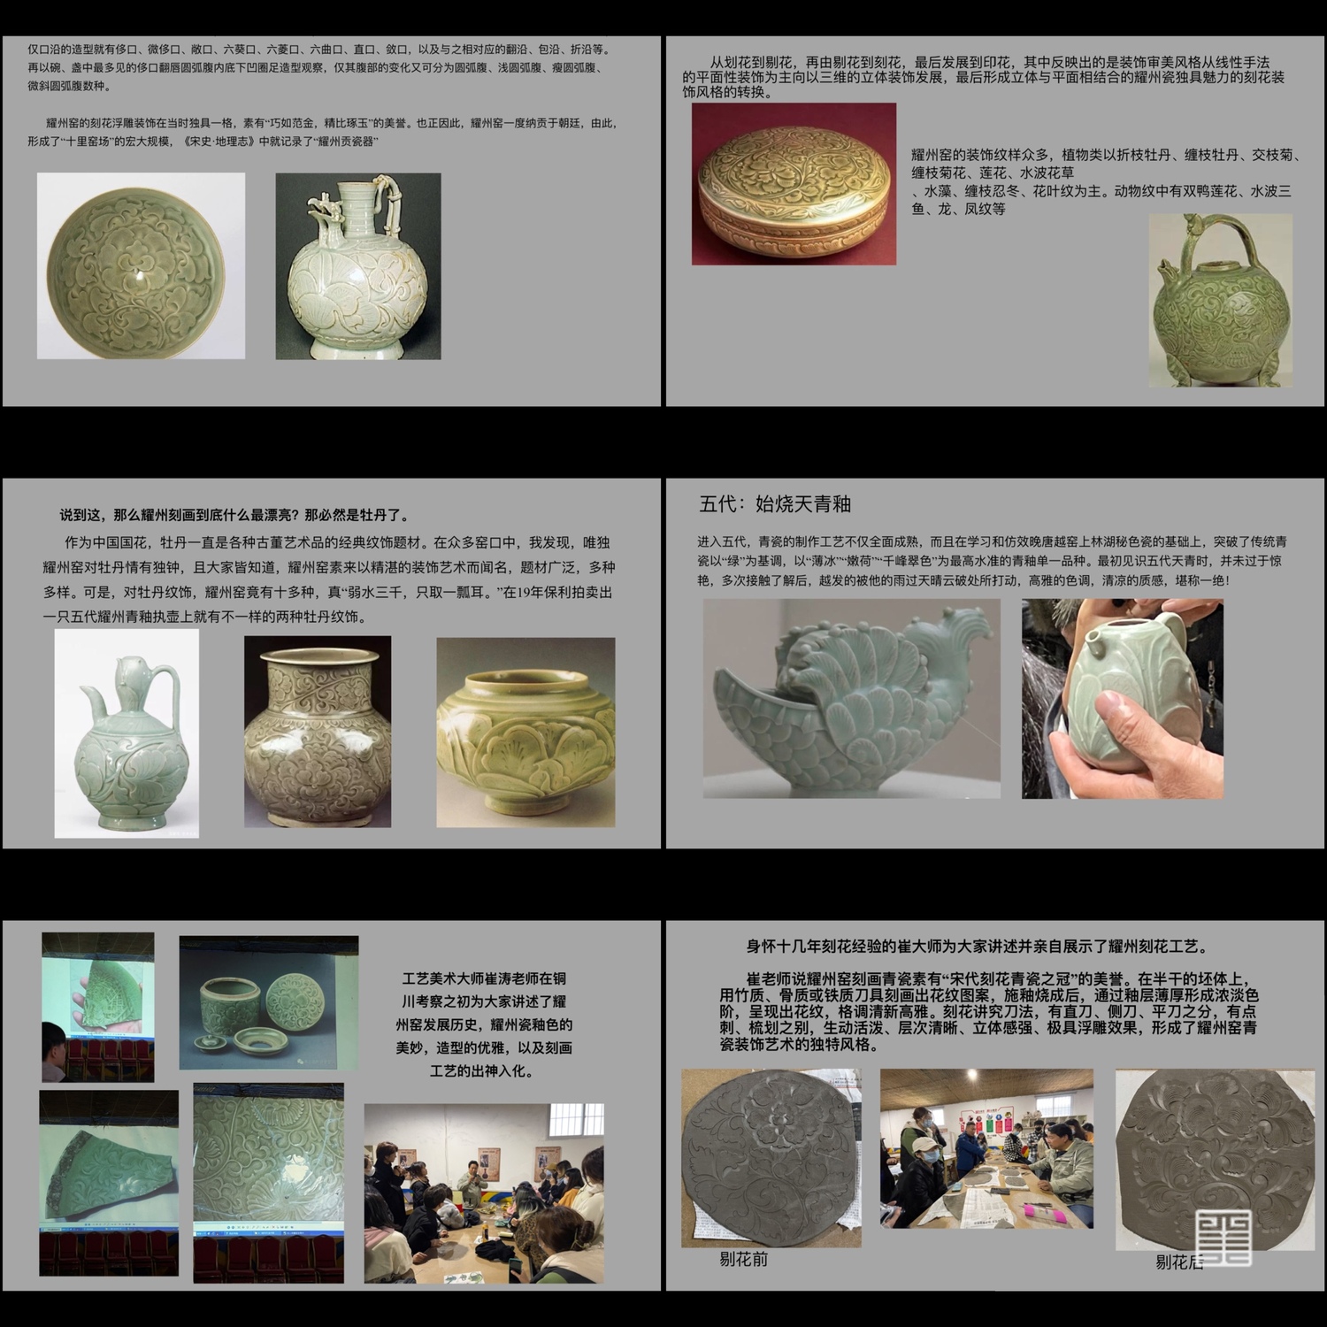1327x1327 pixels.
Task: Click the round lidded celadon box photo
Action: [x=794, y=184]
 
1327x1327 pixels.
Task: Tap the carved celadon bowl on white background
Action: [x=141, y=265]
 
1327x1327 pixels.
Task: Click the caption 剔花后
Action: [x=1179, y=1262]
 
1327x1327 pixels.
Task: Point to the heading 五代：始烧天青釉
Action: [x=775, y=504]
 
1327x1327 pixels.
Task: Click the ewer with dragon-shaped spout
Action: [x=358, y=265]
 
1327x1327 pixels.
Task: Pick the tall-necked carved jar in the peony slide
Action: [x=318, y=732]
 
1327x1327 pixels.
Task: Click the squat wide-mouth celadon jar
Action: [x=525, y=733]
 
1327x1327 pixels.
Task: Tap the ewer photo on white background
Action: [x=127, y=733]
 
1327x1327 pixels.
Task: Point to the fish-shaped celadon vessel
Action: [x=851, y=698]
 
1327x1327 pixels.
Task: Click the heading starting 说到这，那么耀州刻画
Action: [x=234, y=515]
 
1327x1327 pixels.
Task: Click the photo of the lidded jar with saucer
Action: [x=269, y=1002]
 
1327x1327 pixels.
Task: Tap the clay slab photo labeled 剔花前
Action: [x=771, y=1158]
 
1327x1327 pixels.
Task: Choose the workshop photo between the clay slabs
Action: [x=986, y=1148]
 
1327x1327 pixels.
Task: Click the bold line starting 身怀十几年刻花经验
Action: [x=978, y=947]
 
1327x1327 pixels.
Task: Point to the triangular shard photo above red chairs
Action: [x=98, y=1007]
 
